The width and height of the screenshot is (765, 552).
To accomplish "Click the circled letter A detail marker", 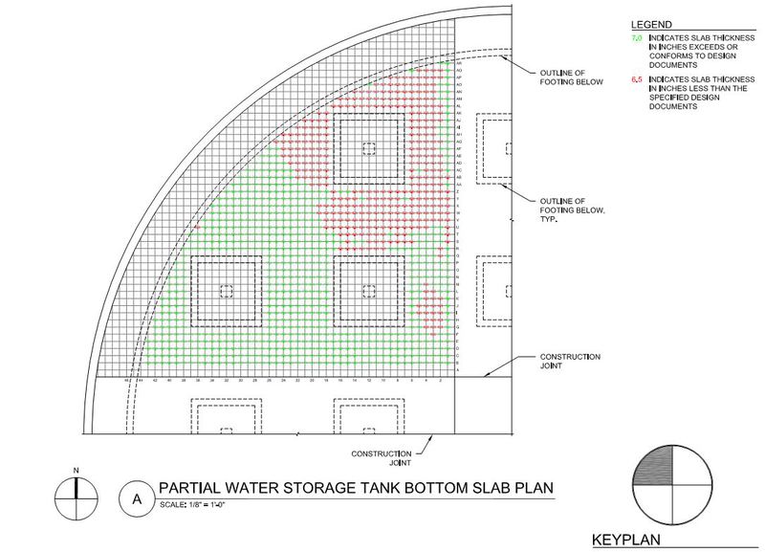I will (x=137, y=497).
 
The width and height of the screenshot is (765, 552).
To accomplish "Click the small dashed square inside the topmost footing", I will (x=368, y=147).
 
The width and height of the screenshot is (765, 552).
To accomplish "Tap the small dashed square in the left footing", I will (x=226, y=291).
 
